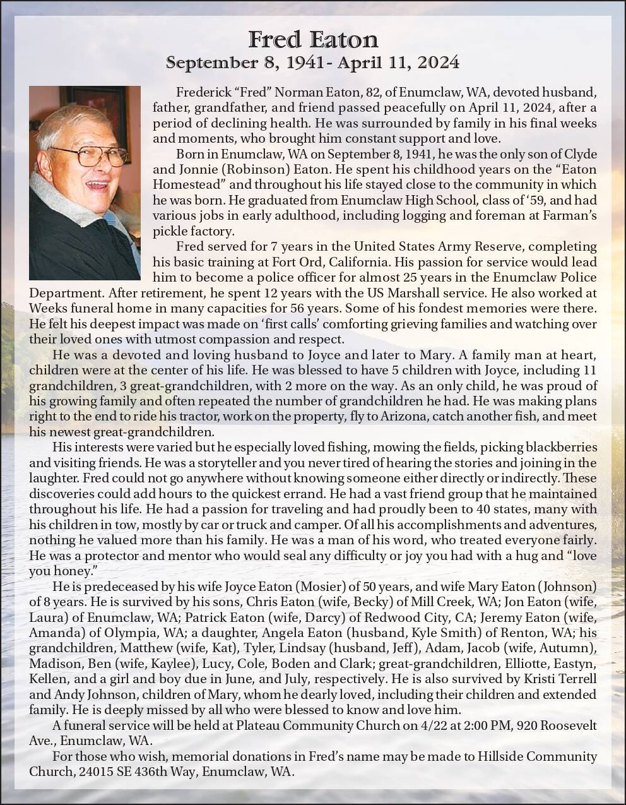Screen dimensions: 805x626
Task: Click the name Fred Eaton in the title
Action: (313, 40)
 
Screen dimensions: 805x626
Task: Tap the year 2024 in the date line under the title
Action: (437, 63)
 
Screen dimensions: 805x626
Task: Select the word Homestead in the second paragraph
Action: (182, 184)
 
